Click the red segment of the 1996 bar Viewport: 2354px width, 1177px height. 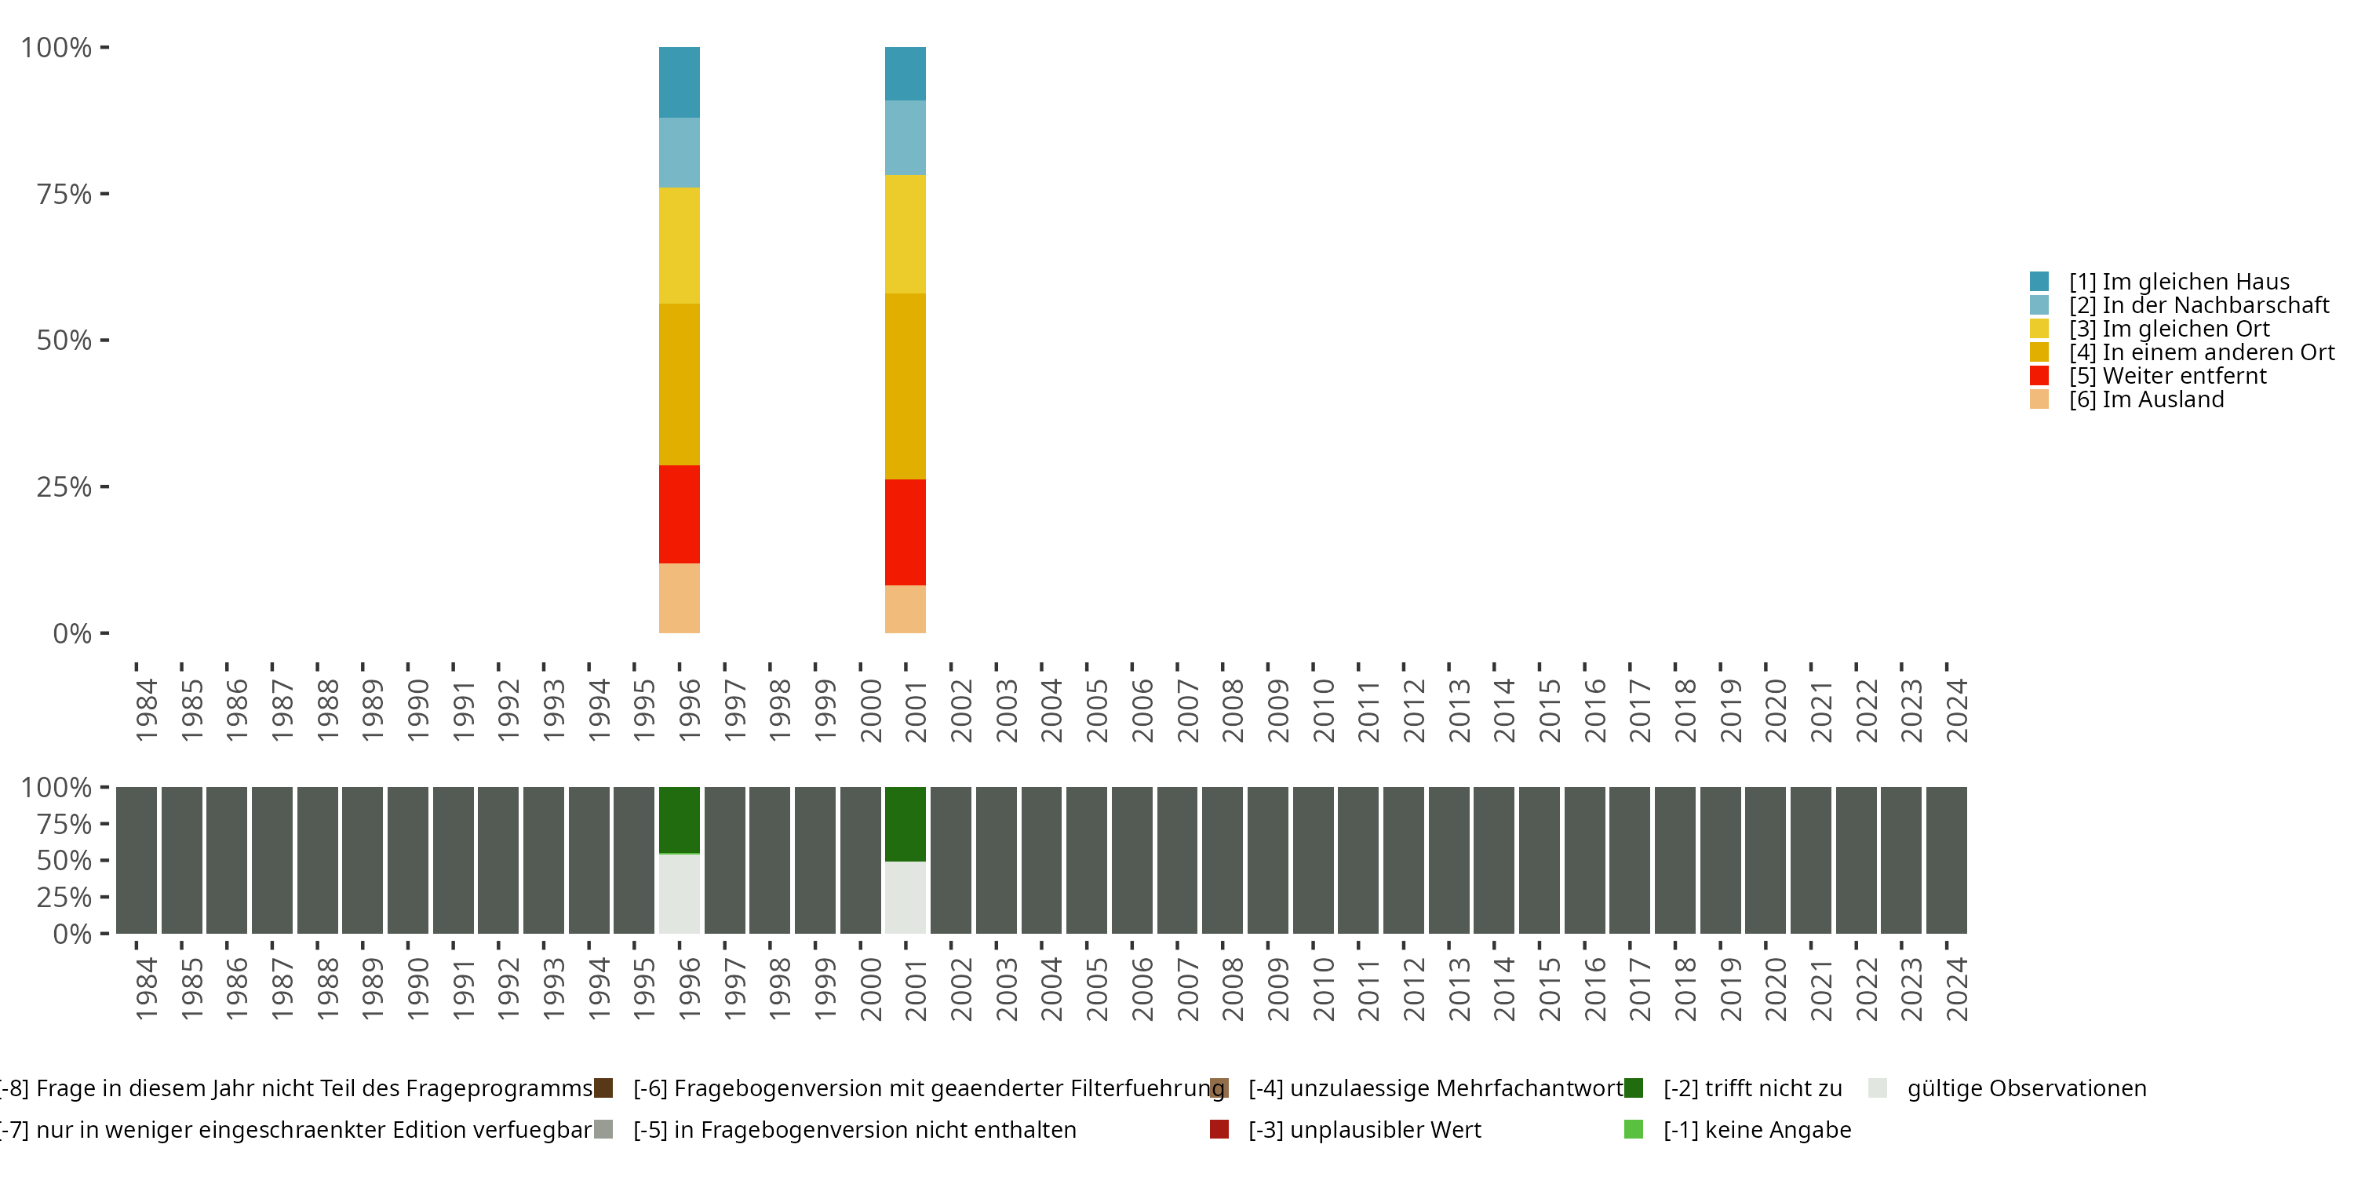pos(679,514)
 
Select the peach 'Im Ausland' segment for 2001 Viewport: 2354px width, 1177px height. pos(905,609)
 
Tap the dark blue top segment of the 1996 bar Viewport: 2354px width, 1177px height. pos(679,82)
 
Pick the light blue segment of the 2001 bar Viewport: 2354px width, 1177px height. pos(905,137)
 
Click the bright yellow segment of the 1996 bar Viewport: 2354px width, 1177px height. pos(679,245)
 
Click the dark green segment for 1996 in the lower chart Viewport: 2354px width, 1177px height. pos(679,820)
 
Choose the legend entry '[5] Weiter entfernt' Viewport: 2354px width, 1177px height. pos(2166,376)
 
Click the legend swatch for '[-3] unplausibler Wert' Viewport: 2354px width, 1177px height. pos(1219,1129)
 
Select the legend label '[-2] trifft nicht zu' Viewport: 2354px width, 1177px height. pos(1752,1088)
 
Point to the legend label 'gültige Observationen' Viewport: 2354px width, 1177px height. pos(2026,1088)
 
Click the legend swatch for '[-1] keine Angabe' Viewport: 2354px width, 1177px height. pos(1633,1129)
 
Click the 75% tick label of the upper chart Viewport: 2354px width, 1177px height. pos(64,194)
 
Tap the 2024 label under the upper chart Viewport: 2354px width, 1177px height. pos(1956,711)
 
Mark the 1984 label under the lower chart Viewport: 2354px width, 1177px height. pos(146,989)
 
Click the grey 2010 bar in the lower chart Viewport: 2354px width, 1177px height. pos(1312,860)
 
